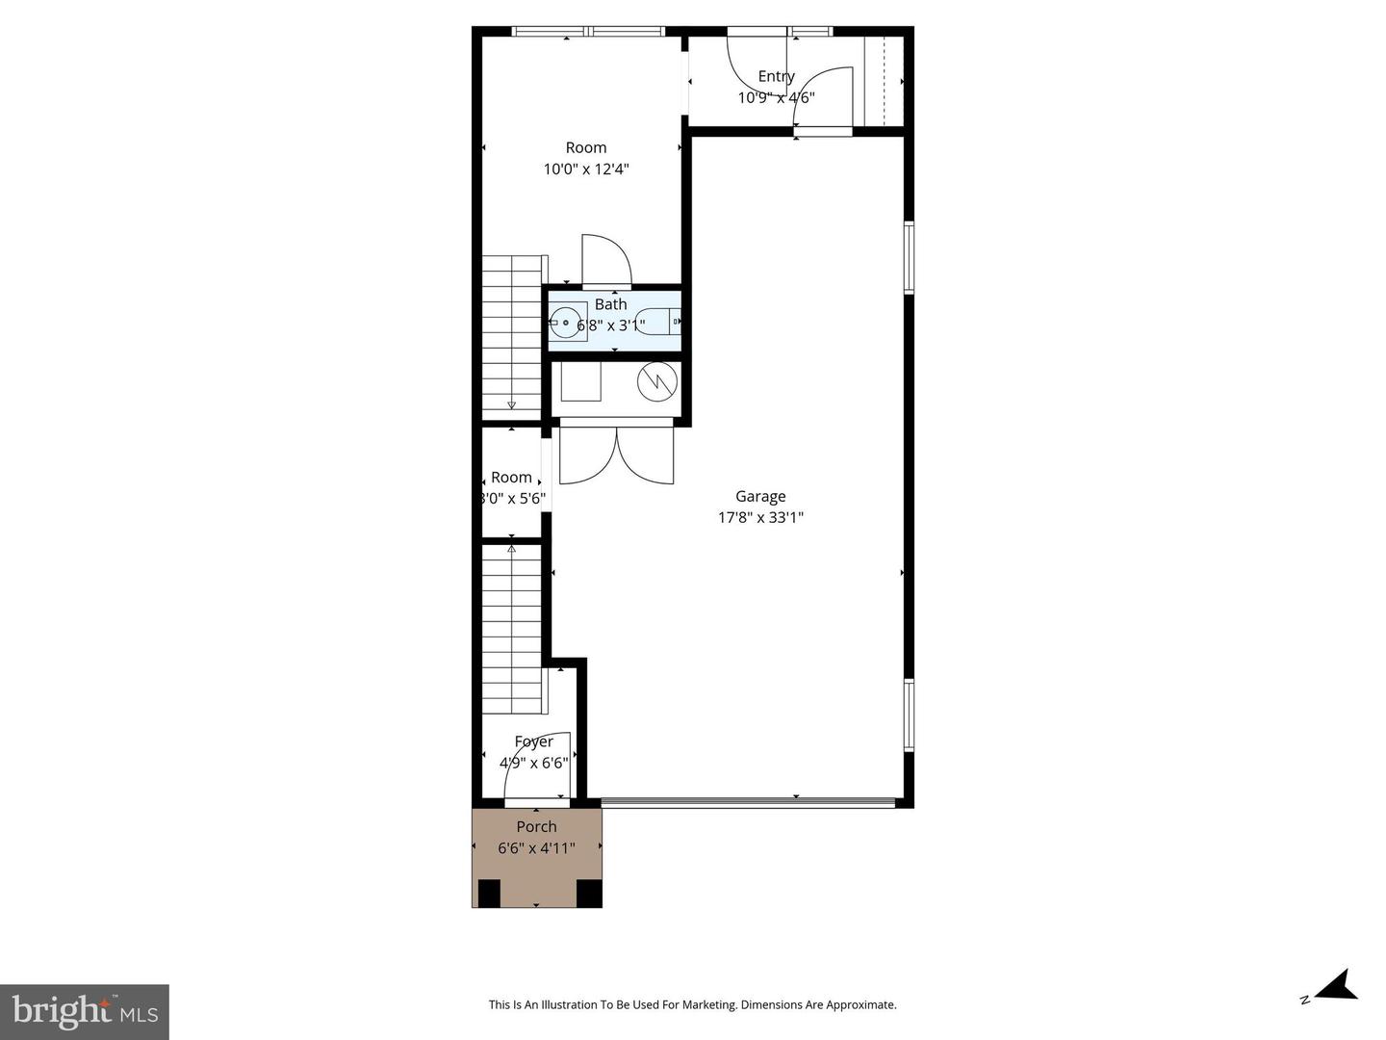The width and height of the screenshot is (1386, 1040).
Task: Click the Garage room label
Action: [x=760, y=496]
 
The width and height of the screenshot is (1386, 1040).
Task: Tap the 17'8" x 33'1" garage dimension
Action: [x=760, y=517]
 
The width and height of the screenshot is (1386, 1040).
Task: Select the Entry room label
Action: [x=776, y=76]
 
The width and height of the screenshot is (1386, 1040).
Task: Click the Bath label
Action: [x=610, y=304]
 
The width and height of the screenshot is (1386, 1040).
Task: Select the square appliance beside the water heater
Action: [x=581, y=380]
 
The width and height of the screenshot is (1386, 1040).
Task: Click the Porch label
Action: [x=536, y=826]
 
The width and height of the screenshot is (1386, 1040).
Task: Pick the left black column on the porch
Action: [x=489, y=894]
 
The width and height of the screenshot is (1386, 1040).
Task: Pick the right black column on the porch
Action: [x=588, y=894]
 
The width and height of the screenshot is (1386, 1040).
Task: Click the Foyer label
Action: [x=533, y=741]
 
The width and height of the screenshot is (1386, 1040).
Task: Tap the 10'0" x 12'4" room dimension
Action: [x=586, y=169]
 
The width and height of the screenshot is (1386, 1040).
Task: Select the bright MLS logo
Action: [x=85, y=1011]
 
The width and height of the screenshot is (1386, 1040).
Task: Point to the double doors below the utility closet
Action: [x=616, y=455]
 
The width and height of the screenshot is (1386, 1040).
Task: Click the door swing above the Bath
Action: [x=605, y=260]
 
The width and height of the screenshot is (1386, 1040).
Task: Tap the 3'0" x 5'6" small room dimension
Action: [x=512, y=499]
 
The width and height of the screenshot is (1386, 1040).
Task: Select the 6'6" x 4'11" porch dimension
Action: [x=536, y=848]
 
